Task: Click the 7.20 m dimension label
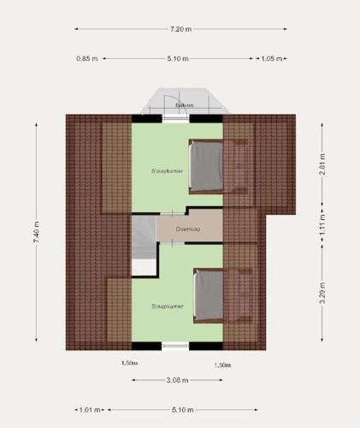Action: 180,29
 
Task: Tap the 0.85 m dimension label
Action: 87,59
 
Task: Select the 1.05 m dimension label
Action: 272,59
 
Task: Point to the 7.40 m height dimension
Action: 37,232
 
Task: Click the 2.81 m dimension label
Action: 322,164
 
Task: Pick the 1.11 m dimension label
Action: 322,225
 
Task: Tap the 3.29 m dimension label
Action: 322,293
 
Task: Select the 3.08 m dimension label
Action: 177,380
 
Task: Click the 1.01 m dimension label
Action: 90,410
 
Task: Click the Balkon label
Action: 185,105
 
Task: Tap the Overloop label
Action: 188,229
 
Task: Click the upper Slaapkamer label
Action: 168,171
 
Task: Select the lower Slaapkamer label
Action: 168,306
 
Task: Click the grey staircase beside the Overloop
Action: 144,237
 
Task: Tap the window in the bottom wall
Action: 175,346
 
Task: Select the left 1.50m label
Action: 129,363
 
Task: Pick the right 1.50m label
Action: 222,366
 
